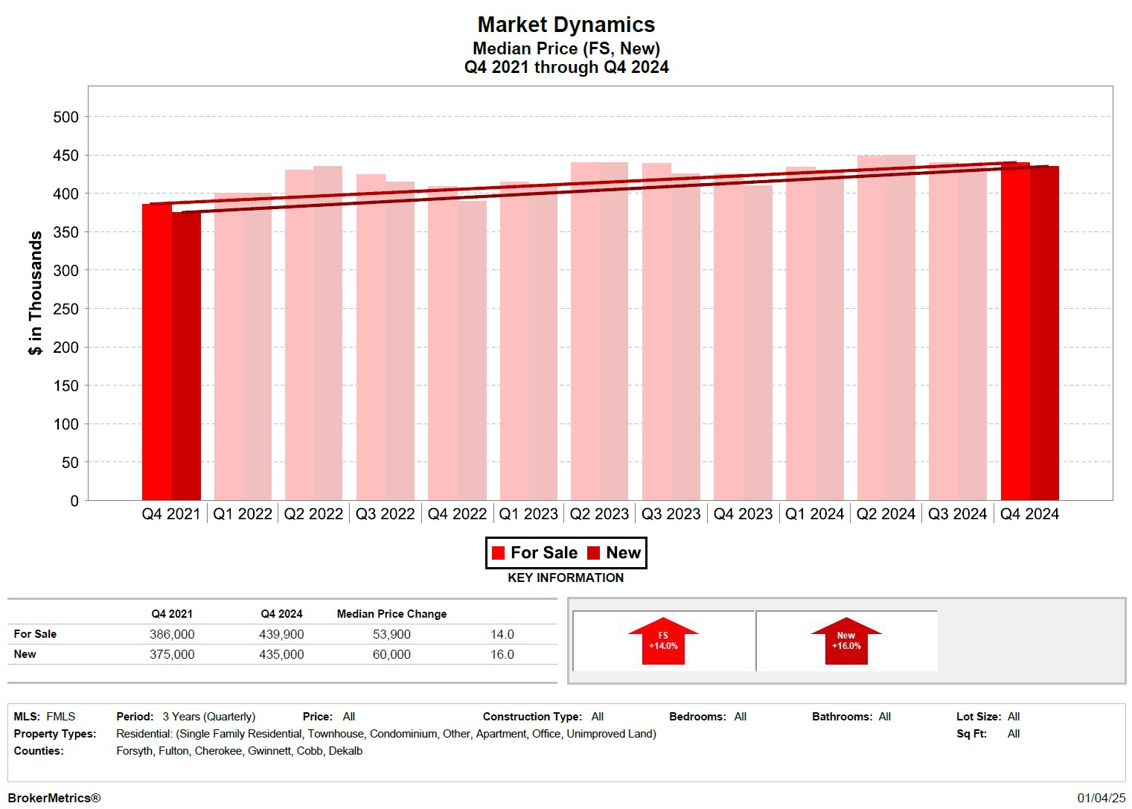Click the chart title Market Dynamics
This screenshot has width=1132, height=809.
[566, 25]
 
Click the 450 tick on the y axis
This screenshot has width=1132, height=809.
[65, 156]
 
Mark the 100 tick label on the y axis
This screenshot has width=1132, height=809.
[65, 424]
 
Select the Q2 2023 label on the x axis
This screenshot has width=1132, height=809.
[599, 514]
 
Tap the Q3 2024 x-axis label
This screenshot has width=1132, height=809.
[957, 514]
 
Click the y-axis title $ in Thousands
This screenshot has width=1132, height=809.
[35, 293]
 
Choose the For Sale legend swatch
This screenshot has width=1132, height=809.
[499, 553]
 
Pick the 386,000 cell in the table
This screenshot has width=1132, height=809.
[172, 634]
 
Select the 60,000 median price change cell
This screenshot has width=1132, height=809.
[391, 654]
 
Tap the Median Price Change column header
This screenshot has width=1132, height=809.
[391, 614]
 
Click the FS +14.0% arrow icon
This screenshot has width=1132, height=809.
[663, 641]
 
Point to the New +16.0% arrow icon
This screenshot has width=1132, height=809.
[846, 641]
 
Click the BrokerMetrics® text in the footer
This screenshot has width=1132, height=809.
[54, 798]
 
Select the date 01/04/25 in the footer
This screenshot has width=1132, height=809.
[1101, 798]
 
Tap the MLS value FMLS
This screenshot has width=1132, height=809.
[61, 717]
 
